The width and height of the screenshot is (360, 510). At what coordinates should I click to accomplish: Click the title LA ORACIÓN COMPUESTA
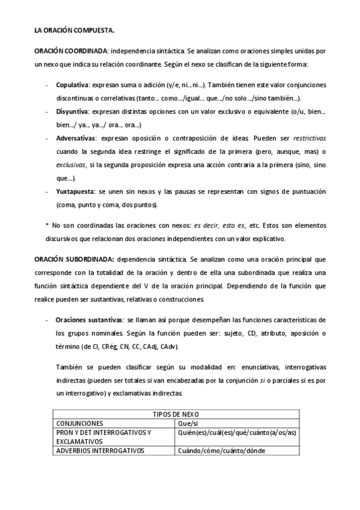pyautogui.click(x=74, y=29)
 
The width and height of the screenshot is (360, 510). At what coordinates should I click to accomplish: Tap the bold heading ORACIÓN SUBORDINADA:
pyautogui.click(x=74, y=259)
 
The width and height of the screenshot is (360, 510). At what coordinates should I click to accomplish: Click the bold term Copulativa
pyautogui.click(x=72, y=86)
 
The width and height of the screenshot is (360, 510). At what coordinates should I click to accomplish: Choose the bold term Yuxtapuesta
pyautogui.click(x=74, y=191)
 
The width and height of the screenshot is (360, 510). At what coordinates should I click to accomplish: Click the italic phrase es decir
pyautogui.click(x=206, y=225)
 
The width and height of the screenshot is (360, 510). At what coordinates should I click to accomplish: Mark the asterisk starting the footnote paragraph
pyautogui.click(x=47, y=226)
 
